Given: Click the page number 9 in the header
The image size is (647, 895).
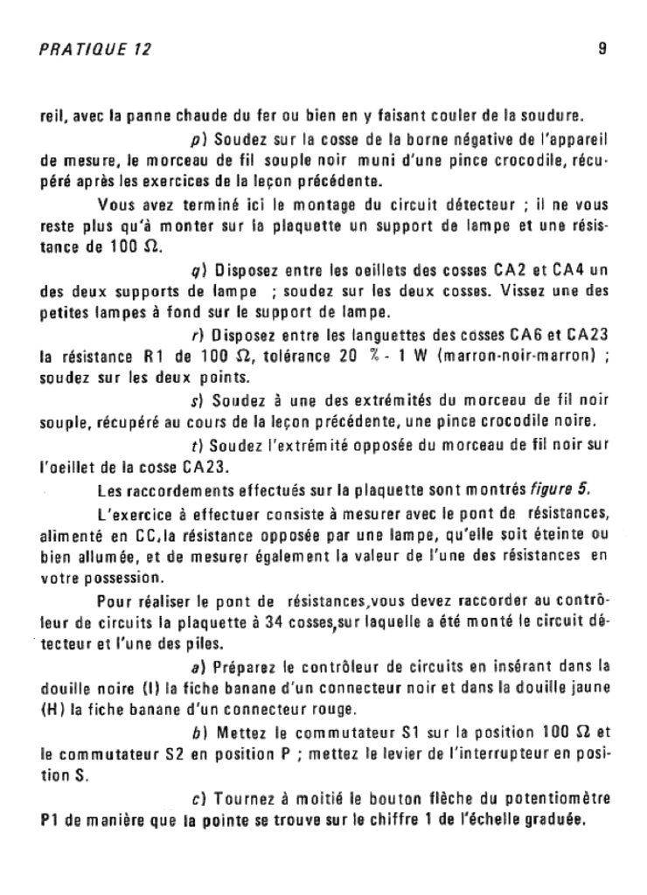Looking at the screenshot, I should click(602, 50).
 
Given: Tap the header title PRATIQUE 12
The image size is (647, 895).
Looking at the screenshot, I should click(95, 50).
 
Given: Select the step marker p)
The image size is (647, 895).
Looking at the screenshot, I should click(197, 139).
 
